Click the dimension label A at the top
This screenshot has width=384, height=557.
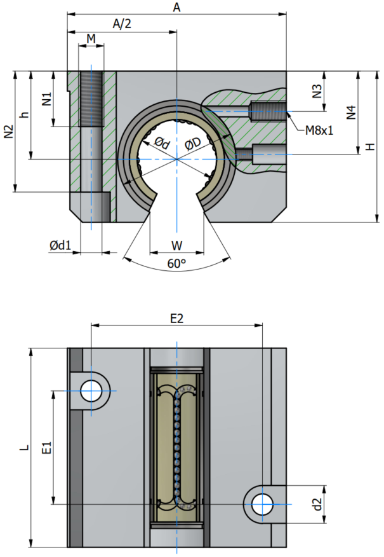176,7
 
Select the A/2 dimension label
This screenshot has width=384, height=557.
122,24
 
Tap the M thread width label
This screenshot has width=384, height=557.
91,38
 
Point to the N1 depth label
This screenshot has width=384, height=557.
47,99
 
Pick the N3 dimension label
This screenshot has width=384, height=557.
317,91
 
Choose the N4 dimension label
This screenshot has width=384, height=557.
350,113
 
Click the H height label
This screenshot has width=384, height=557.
370,146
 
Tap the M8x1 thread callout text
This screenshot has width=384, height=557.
319,130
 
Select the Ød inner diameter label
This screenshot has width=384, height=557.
162,143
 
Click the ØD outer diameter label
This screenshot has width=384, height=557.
193,144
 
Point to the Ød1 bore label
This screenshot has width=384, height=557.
60,245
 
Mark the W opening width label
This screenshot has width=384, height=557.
176,245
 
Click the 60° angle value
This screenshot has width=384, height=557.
176,264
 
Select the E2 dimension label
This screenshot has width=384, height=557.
176,319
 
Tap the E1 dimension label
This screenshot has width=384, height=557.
47,448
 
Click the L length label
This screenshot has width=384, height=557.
24,448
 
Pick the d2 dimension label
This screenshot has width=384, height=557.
317,504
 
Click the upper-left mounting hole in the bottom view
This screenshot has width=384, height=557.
91,391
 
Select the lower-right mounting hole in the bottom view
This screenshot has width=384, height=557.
262,504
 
